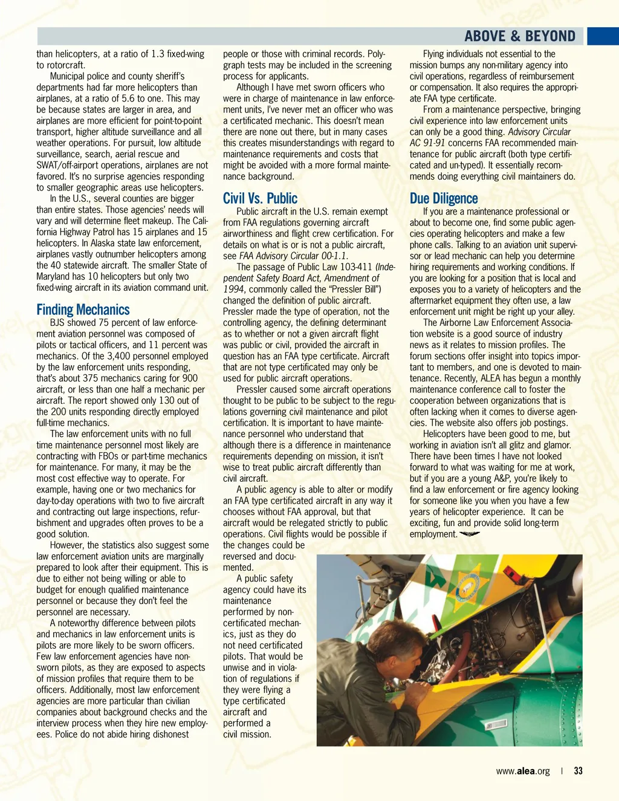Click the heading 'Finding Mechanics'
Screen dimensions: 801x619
[83, 310]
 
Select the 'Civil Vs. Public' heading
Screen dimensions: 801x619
[260, 198]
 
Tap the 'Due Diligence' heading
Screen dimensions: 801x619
[443, 198]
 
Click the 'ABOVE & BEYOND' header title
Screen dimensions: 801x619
[520, 36]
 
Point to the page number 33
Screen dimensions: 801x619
[578, 771]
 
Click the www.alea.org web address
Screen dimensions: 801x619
[523, 771]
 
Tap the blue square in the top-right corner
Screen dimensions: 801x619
[603, 36]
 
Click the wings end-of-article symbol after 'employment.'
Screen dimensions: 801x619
[470, 534]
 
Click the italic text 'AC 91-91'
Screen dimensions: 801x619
[427, 143]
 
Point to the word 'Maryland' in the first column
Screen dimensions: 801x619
[53, 276]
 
